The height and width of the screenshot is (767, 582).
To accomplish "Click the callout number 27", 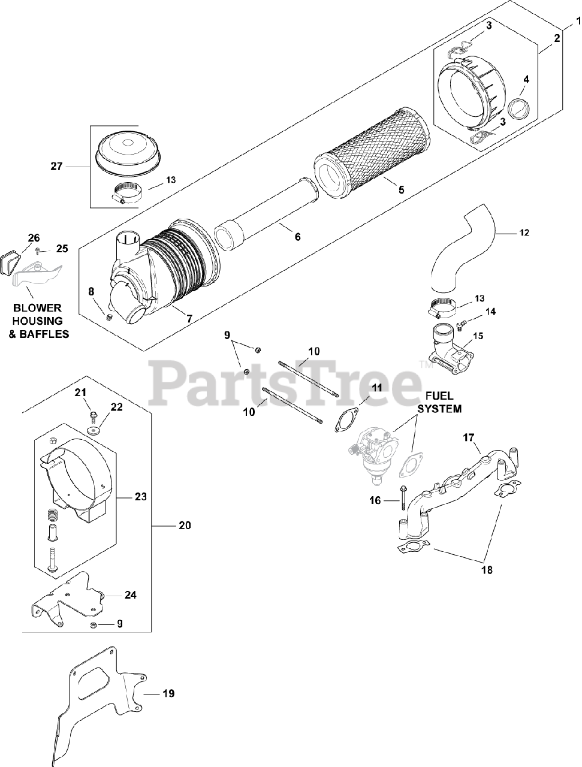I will click(56, 167).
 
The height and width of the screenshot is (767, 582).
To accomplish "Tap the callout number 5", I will click(401, 189).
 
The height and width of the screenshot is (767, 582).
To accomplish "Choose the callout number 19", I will click(168, 693).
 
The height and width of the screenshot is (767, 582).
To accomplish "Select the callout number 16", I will click(375, 500).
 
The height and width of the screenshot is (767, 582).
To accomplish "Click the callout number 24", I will click(131, 595).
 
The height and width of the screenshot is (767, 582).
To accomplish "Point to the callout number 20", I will click(185, 525).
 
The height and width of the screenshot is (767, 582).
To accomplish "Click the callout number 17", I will click(468, 437).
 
